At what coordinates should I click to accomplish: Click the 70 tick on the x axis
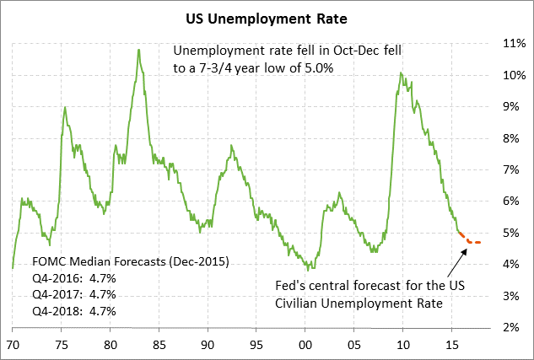click(x=13, y=344)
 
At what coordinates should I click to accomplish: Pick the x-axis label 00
click(x=305, y=344)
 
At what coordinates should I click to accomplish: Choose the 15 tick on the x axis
click(x=451, y=344)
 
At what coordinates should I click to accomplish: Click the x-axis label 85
click(x=159, y=344)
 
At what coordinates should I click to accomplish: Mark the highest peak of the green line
click(x=138, y=50)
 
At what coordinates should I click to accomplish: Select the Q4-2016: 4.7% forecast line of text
click(x=74, y=279)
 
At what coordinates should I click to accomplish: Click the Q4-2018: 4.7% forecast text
click(x=74, y=311)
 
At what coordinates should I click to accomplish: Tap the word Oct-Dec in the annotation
click(x=346, y=51)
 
